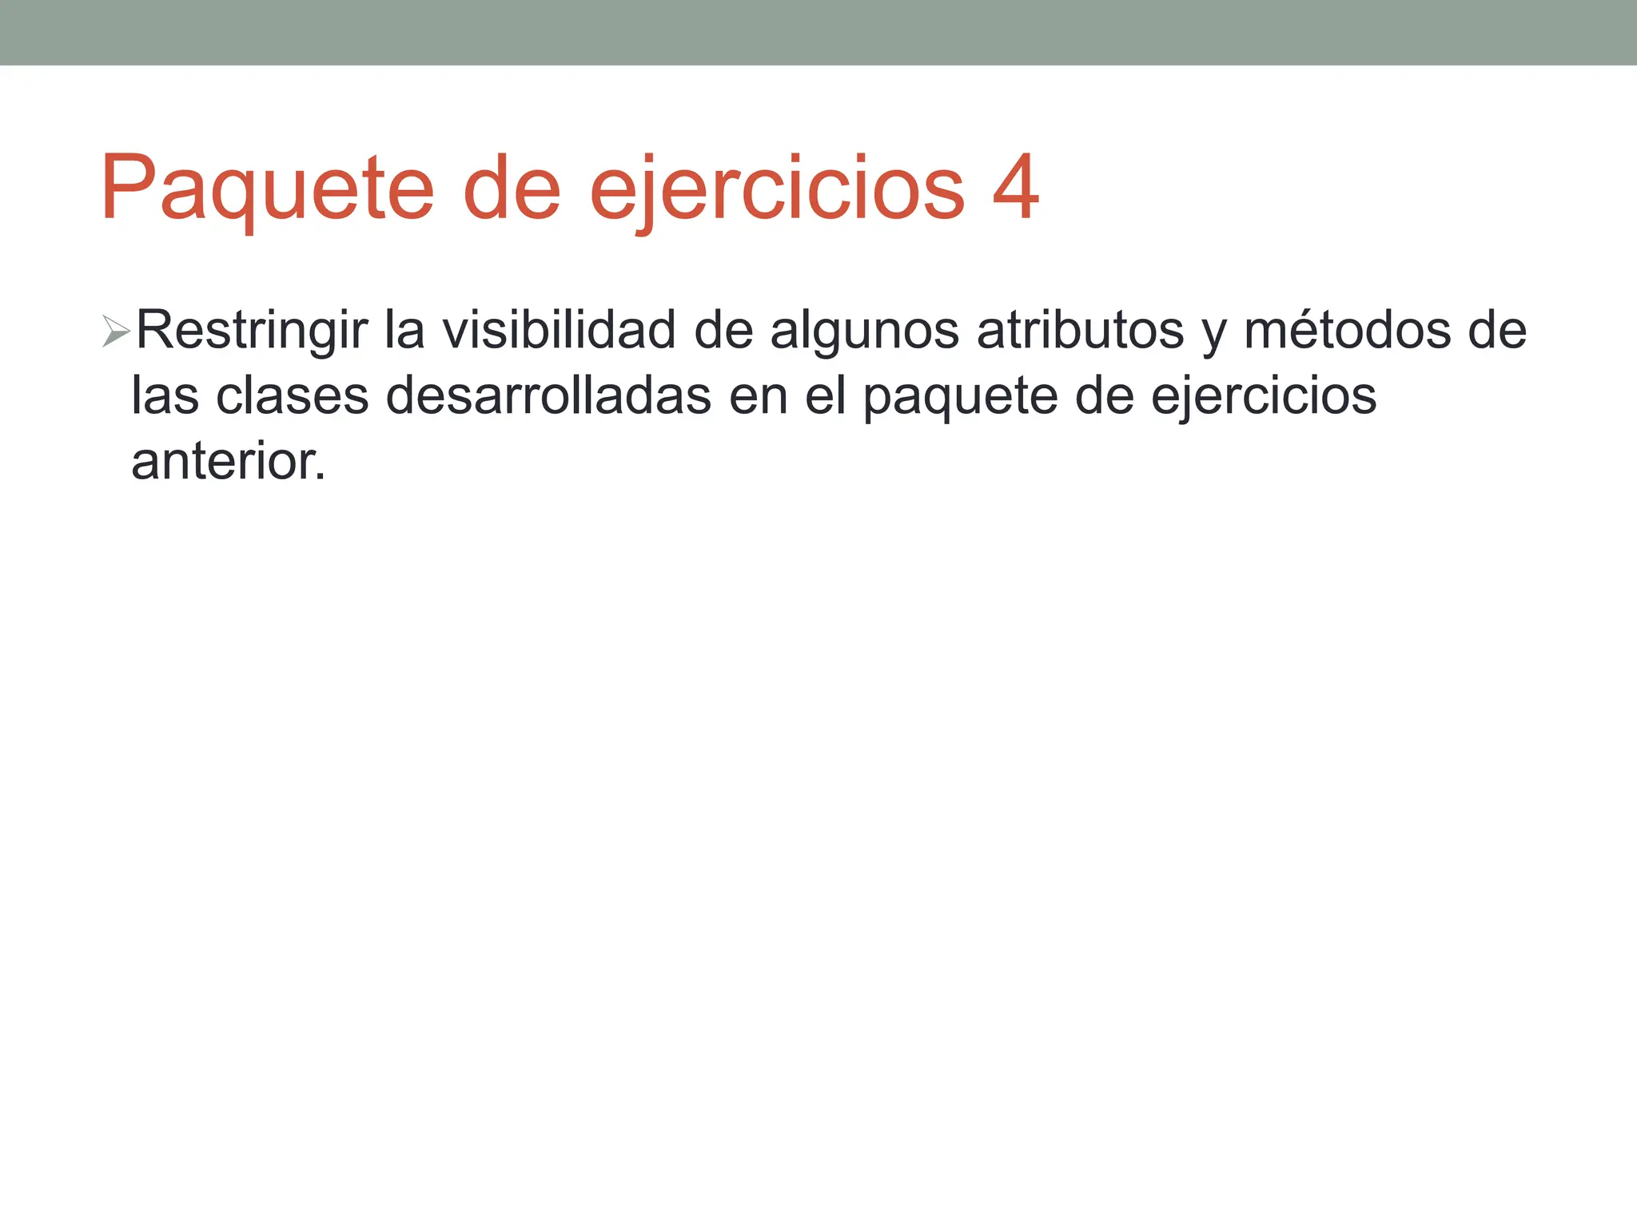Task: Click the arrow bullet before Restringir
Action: pos(116,332)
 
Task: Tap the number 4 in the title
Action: pos(1015,189)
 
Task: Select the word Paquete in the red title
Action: pos(267,190)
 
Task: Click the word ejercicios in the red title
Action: pos(777,190)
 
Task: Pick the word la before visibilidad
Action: pos(404,331)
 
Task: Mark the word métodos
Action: pos(1348,331)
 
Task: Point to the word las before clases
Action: pos(165,396)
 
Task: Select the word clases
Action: pos(293,396)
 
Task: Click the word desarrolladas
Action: pos(548,396)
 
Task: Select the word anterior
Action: pos(229,462)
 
